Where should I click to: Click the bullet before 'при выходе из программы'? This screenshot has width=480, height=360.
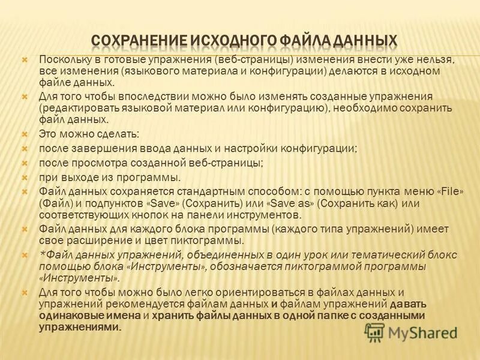point(25,177)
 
